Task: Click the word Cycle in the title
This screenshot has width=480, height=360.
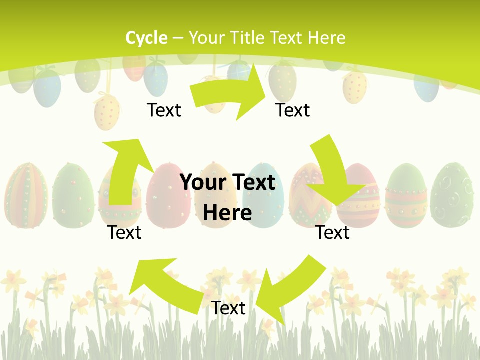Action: [146, 38]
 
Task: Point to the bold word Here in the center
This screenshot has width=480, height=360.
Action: [227, 213]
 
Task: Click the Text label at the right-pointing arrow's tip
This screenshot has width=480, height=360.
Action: [293, 110]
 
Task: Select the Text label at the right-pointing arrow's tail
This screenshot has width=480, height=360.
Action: [164, 110]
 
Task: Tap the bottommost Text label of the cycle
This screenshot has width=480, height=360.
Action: [228, 308]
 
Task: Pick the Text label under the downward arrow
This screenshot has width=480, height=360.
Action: [332, 232]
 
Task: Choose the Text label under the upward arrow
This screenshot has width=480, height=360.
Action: [125, 232]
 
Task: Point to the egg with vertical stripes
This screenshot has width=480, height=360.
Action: [26, 195]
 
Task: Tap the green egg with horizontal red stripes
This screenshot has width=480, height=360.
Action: [406, 195]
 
